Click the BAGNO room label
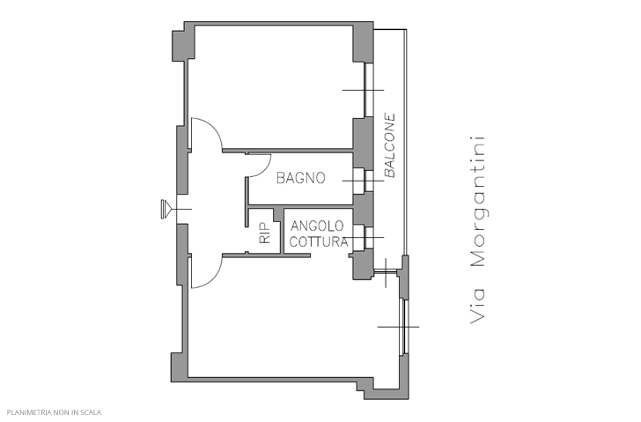point(301,178)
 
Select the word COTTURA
point(319,241)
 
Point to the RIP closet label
point(265,233)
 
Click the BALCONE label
point(390,145)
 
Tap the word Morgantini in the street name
point(477,202)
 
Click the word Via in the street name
point(477,306)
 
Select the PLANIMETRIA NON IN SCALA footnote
point(54,412)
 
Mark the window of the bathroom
point(369,181)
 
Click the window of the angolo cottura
point(369,237)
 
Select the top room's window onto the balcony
point(369,90)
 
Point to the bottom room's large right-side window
point(404,327)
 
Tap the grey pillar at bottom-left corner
point(180,367)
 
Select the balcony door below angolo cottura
point(386,270)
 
